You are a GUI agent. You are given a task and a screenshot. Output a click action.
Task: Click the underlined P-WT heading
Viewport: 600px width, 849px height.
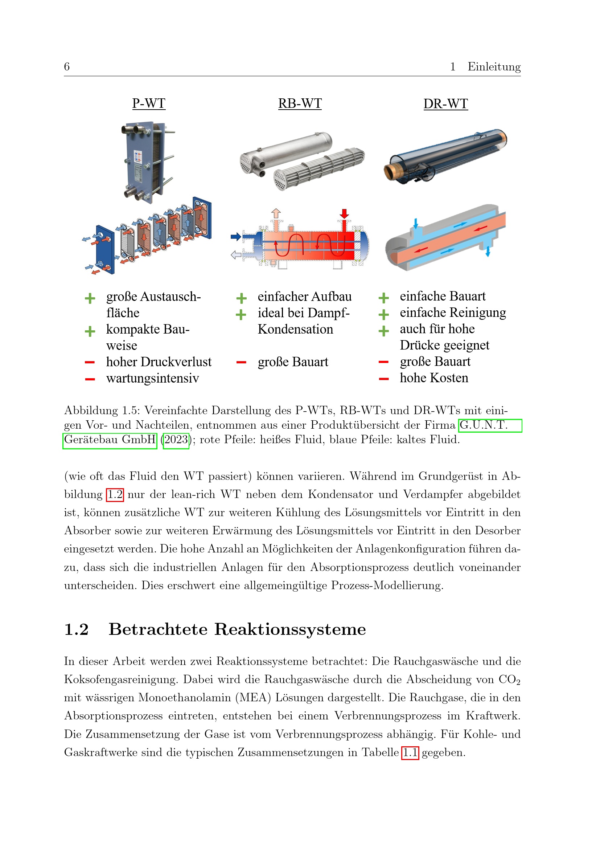tap(149, 103)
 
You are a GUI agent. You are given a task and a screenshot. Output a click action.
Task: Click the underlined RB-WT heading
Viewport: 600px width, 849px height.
tap(300, 103)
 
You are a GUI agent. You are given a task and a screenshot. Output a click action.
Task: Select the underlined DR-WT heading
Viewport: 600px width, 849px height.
tap(445, 103)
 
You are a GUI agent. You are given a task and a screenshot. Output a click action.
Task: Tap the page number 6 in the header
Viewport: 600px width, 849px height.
tap(67, 66)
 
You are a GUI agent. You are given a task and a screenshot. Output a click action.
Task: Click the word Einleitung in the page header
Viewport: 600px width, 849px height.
tap(494, 66)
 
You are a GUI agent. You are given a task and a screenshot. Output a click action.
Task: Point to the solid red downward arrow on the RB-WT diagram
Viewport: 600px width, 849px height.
tap(344, 214)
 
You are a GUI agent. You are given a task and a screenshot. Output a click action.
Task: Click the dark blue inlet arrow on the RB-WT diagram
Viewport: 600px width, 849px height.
tap(236, 237)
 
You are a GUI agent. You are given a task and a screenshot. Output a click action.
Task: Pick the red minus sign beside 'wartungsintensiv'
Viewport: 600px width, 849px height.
tap(90, 379)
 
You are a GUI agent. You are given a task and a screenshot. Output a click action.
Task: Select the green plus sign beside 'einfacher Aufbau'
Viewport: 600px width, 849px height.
tap(241, 298)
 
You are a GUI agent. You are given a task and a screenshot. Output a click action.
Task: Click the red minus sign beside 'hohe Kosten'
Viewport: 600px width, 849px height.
tap(383, 379)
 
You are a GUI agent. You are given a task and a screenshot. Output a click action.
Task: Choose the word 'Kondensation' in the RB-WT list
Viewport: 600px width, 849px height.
tap(295, 329)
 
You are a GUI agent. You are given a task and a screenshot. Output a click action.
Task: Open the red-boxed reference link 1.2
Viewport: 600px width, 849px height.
tap(115, 494)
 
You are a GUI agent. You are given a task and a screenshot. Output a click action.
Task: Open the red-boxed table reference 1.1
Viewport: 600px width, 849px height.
tap(410, 752)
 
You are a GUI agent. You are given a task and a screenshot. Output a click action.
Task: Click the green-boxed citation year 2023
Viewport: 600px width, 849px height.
tap(176, 440)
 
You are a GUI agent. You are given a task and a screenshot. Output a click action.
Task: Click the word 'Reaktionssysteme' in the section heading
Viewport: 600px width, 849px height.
tap(291, 629)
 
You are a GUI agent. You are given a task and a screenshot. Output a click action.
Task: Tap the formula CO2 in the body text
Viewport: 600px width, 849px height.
tap(509, 679)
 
